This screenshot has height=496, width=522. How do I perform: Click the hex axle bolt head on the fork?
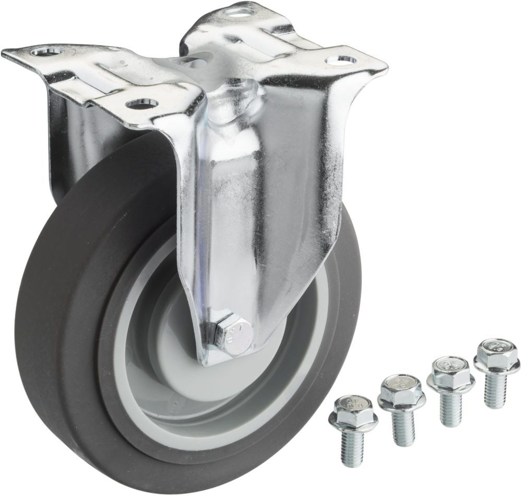[x=233, y=333]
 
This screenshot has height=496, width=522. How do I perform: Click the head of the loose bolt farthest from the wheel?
[x=495, y=352]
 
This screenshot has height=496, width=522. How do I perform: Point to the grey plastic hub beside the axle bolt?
[x=172, y=334]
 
